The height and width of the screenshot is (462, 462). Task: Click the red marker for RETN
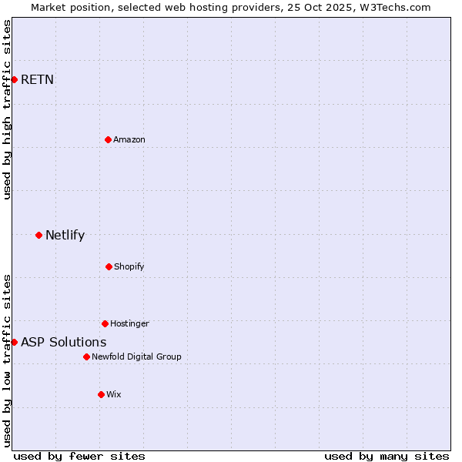pos(14,79)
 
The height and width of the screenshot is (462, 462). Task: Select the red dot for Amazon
pos(108,139)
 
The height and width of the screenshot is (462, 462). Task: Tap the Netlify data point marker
pos(38,235)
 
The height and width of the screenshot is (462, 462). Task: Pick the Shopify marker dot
pos(109,266)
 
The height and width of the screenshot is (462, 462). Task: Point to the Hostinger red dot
pos(105,323)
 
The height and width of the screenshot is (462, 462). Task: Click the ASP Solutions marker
pos(14,342)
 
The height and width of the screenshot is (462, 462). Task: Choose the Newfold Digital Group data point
pos(86,357)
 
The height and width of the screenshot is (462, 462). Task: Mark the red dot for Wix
pos(101,394)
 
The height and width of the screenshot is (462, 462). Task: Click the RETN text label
pos(37,79)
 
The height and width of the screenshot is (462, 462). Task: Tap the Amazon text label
pos(129,139)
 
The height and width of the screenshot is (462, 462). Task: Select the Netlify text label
pos(65,235)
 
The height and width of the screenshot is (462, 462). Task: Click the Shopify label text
pos(129,266)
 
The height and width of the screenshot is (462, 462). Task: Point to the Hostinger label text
pos(129,323)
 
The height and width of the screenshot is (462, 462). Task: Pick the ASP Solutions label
pos(63,342)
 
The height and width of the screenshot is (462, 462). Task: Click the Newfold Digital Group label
pos(136,357)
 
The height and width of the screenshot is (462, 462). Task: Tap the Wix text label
pos(114,394)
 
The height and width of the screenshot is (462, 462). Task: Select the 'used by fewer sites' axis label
pos(79,456)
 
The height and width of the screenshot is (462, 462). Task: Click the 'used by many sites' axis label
pos(387,456)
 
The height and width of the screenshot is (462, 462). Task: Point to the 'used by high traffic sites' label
pos(7,109)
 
